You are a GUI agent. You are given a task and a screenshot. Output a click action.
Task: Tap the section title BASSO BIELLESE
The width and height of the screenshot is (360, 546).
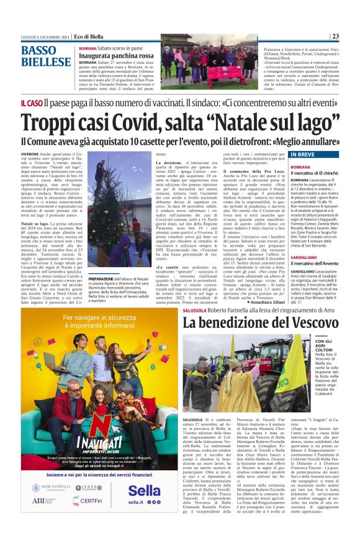pos(45,56)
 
